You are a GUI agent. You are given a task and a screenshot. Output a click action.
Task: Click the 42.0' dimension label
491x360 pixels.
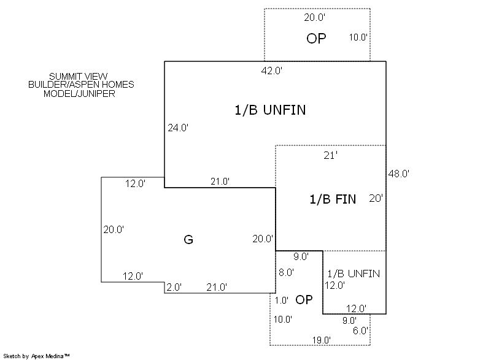(271, 71)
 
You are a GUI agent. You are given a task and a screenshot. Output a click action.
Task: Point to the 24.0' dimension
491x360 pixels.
(178, 128)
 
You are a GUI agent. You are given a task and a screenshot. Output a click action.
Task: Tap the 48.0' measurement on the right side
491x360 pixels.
(399, 174)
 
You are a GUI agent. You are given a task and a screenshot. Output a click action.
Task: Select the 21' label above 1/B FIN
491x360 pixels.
(331, 156)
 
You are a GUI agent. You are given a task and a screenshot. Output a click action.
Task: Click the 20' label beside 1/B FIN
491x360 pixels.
(376, 198)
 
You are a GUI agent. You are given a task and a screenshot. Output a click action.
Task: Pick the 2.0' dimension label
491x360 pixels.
(174, 287)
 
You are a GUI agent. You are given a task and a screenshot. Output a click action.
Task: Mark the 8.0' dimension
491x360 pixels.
(285, 272)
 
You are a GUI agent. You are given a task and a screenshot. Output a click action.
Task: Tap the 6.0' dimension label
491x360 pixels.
(360, 330)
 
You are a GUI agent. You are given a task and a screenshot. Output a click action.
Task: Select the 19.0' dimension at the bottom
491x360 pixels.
(321, 340)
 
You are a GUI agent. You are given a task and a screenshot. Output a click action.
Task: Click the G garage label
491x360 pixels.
(188, 240)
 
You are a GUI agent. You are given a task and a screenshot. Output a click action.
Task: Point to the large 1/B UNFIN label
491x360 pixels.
(270, 110)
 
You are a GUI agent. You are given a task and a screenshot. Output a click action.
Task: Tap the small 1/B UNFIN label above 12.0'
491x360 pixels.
(353, 274)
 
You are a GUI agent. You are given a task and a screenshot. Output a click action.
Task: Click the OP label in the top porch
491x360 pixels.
(316, 39)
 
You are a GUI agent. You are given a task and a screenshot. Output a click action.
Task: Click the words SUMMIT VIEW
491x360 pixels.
(79, 76)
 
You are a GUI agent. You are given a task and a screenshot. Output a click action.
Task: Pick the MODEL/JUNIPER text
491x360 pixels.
(79, 94)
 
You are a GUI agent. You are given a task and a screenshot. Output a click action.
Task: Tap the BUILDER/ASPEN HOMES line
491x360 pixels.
(81, 85)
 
